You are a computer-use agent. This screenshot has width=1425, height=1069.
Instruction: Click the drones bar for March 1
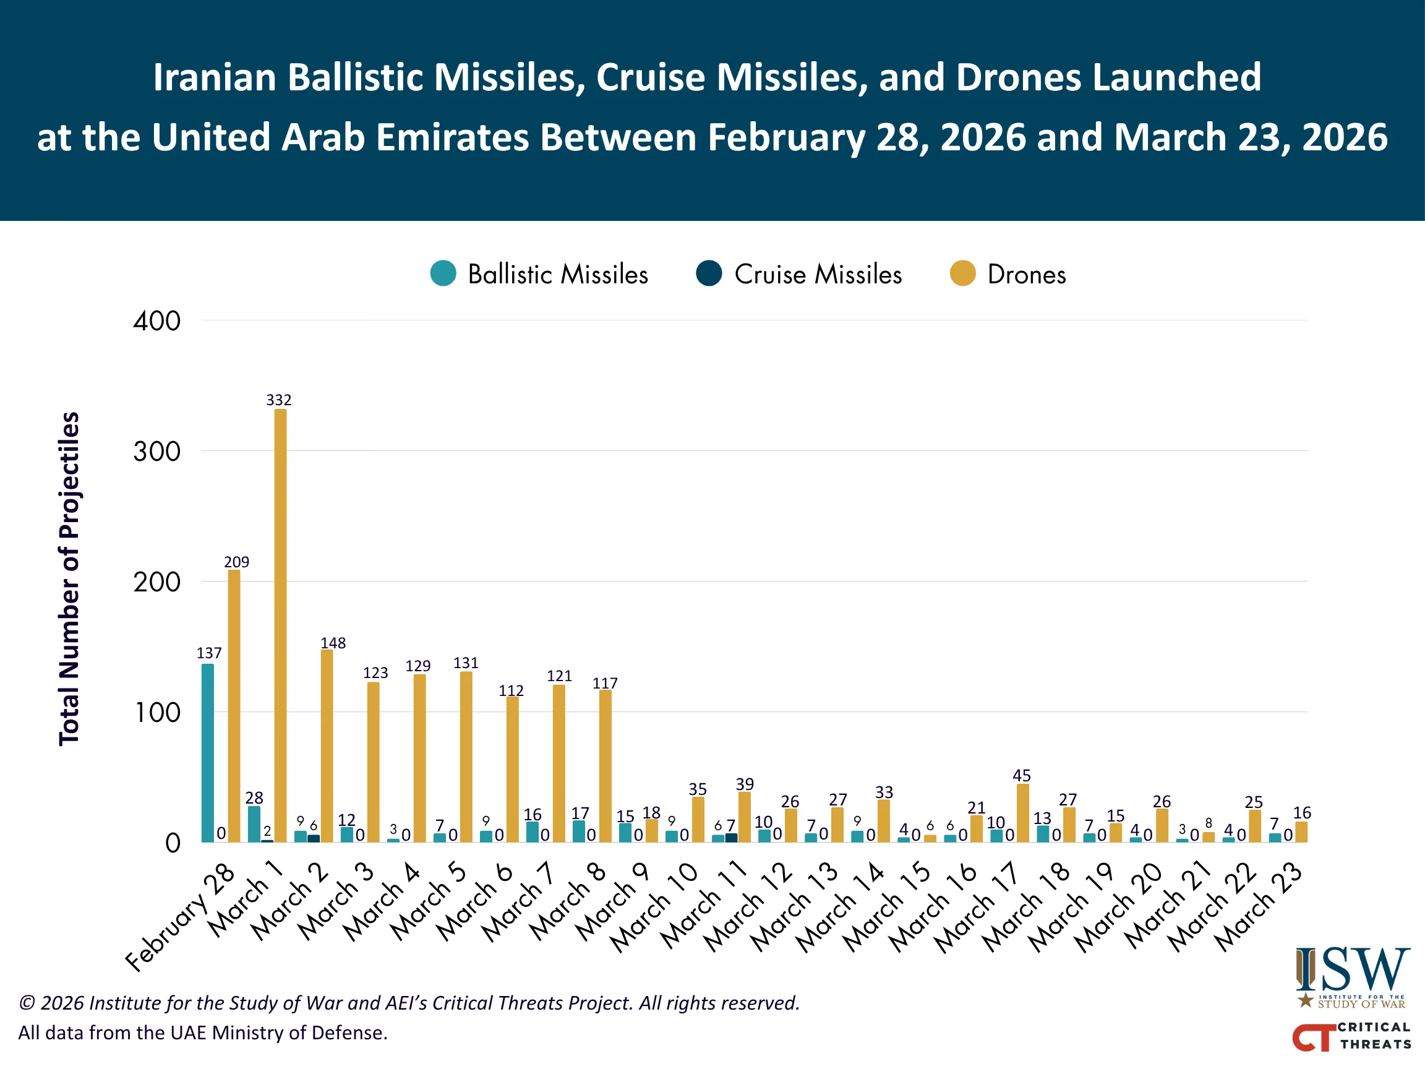(280, 625)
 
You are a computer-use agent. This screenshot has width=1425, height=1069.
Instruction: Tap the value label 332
(279, 400)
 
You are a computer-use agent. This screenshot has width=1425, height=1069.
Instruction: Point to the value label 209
(236, 562)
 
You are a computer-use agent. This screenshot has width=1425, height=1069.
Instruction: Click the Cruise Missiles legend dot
(709, 273)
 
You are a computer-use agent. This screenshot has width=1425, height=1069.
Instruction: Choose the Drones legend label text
(1026, 275)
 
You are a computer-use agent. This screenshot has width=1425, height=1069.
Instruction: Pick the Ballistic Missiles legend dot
(443, 273)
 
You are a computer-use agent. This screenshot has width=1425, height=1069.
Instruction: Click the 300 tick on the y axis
(156, 452)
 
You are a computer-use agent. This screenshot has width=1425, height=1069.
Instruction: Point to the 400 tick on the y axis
(156, 321)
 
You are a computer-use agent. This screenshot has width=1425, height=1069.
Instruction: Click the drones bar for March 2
(327, 745)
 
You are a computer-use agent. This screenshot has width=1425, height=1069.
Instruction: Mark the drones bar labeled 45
(1022, 812)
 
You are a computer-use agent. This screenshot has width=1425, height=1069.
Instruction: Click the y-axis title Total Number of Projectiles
(69, 578)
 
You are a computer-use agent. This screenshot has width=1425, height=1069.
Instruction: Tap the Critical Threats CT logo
(1350, 1036)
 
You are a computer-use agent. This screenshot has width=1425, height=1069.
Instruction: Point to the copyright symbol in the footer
(27, 1003)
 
